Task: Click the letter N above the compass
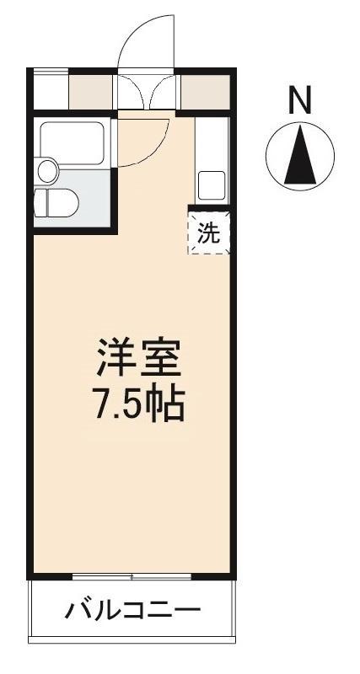[300, 99]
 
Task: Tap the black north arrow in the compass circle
[300, 156]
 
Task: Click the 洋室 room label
[138, 359]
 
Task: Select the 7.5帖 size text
[139, 404]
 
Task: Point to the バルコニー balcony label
[132, 610]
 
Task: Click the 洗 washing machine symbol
[208, 233]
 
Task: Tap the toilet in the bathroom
[56, 203]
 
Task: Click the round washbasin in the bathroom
[47, 171]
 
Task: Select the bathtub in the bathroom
[72, 143]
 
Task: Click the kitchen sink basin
[211, 185]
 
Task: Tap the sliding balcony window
[132, 576]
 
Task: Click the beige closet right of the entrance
[205, 92]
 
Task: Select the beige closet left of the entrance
[91, 93]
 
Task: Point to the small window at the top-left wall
[51, 72]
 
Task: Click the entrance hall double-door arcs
[146, 91]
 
